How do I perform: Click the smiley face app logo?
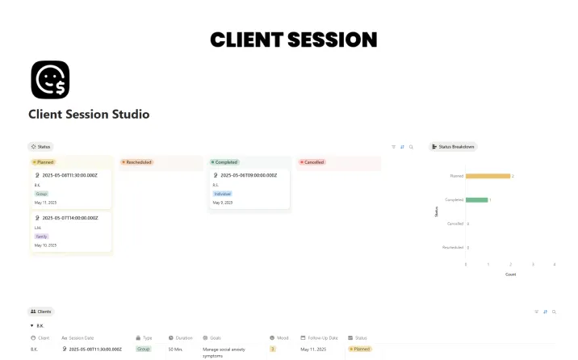point(50,80)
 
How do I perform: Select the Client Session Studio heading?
point(89,115)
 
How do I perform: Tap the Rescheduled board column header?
point(137,162)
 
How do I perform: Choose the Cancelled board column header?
point(312,162)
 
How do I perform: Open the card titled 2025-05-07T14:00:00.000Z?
point(70,218)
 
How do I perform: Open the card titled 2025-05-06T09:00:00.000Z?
point(249,175)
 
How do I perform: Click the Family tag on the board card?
point(41,237)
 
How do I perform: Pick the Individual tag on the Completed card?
point(223,194)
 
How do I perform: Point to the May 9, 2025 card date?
point(223,203)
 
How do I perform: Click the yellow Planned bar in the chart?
point(488,176)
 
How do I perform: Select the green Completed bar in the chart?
point(476,199)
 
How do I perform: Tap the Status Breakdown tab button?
point(454,147)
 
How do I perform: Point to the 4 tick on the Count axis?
point(555,265)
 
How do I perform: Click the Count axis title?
point(510,274)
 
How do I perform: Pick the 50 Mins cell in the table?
point(175,350)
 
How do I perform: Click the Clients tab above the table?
point(41,311)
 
